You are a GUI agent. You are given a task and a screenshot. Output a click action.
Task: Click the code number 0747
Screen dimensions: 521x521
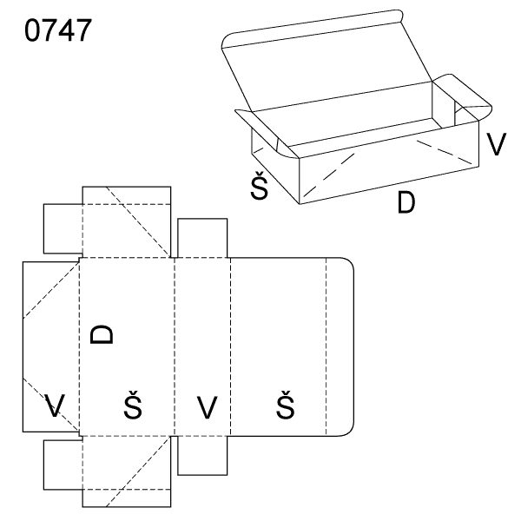tap(58, 30)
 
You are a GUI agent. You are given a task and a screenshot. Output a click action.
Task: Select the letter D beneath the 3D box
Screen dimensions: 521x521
tap(406, 202)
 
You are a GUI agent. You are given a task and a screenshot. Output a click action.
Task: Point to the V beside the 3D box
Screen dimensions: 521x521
tap(496, 144)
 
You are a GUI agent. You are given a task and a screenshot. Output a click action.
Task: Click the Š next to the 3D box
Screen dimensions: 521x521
tap(259, 186)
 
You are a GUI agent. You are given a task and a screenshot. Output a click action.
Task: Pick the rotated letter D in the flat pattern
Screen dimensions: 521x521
tap(102, 334)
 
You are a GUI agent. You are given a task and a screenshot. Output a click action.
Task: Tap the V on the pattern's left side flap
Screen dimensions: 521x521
tap(55, 406)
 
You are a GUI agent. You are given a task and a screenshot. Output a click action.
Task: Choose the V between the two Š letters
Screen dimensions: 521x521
tap(207, 407)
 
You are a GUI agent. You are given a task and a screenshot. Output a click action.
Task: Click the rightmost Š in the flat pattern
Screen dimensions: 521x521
tap(285, 405)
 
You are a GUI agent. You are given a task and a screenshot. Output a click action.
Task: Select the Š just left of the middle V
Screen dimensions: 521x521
tap(133, 405)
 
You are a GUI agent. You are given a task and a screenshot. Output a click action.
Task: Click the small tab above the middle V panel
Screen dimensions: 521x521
tap(202, 238)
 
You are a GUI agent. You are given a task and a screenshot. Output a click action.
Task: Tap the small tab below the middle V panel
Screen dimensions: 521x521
tap(202, 456)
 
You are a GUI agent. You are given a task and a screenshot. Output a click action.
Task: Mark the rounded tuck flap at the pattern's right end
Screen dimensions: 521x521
tap(340, 346)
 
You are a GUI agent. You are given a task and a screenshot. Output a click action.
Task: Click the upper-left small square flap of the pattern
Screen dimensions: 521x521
tap(63, 228)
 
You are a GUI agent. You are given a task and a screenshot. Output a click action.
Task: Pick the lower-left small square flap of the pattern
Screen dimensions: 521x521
tap(63, 465)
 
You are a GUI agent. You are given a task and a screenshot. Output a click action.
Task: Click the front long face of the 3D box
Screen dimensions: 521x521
tap(389, 162)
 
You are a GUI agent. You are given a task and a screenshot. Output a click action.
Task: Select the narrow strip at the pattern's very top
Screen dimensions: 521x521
tap(127, 195)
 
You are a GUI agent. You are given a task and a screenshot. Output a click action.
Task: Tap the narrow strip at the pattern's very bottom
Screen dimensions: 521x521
tap(127, 498)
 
